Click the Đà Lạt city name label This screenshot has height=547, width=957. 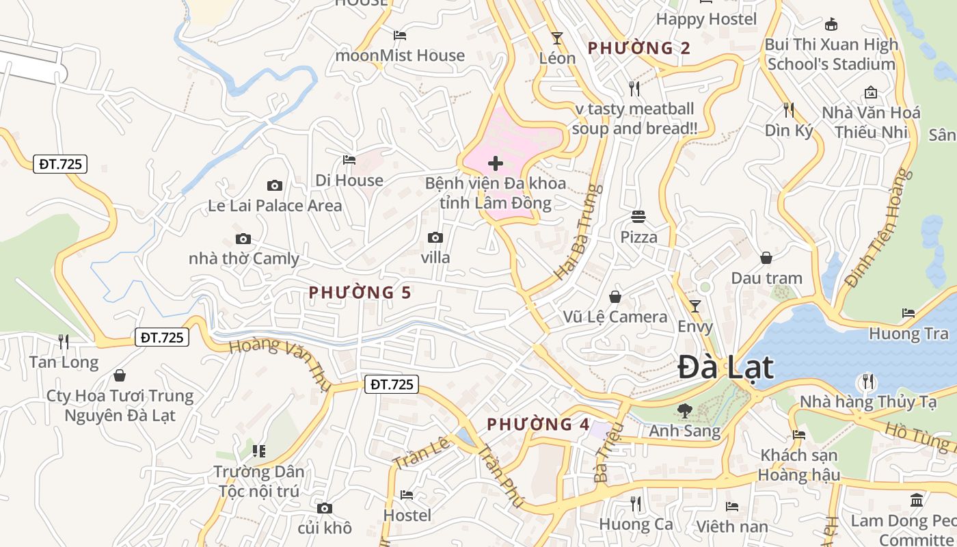click(x=725, y=368)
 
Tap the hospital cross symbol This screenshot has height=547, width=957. click(x=496, y=163)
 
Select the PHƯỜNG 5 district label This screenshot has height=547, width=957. click(x=360, y=293)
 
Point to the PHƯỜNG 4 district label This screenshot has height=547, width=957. click(x=538, y=425)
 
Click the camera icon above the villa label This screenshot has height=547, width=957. click(x=435, y=238)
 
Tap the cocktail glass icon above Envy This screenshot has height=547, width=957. click(x=695, y=306)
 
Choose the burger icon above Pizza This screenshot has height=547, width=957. click(x=638, y=217)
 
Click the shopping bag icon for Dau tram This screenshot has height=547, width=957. click(x=766, y=258)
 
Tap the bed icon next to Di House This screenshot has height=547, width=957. click(x=349, y=160)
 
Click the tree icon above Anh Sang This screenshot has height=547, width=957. click(x=684, y=411)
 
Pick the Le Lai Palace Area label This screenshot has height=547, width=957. click(x=275, y=205)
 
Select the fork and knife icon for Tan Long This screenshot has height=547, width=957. click(x=64, y=341)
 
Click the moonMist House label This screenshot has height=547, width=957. click(x=400, y=55)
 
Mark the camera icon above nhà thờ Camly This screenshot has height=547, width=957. click(x=243, y=239)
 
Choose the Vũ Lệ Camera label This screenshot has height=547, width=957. click(x=615, y=317)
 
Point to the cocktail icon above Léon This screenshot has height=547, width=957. click(x=557, y=38)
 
